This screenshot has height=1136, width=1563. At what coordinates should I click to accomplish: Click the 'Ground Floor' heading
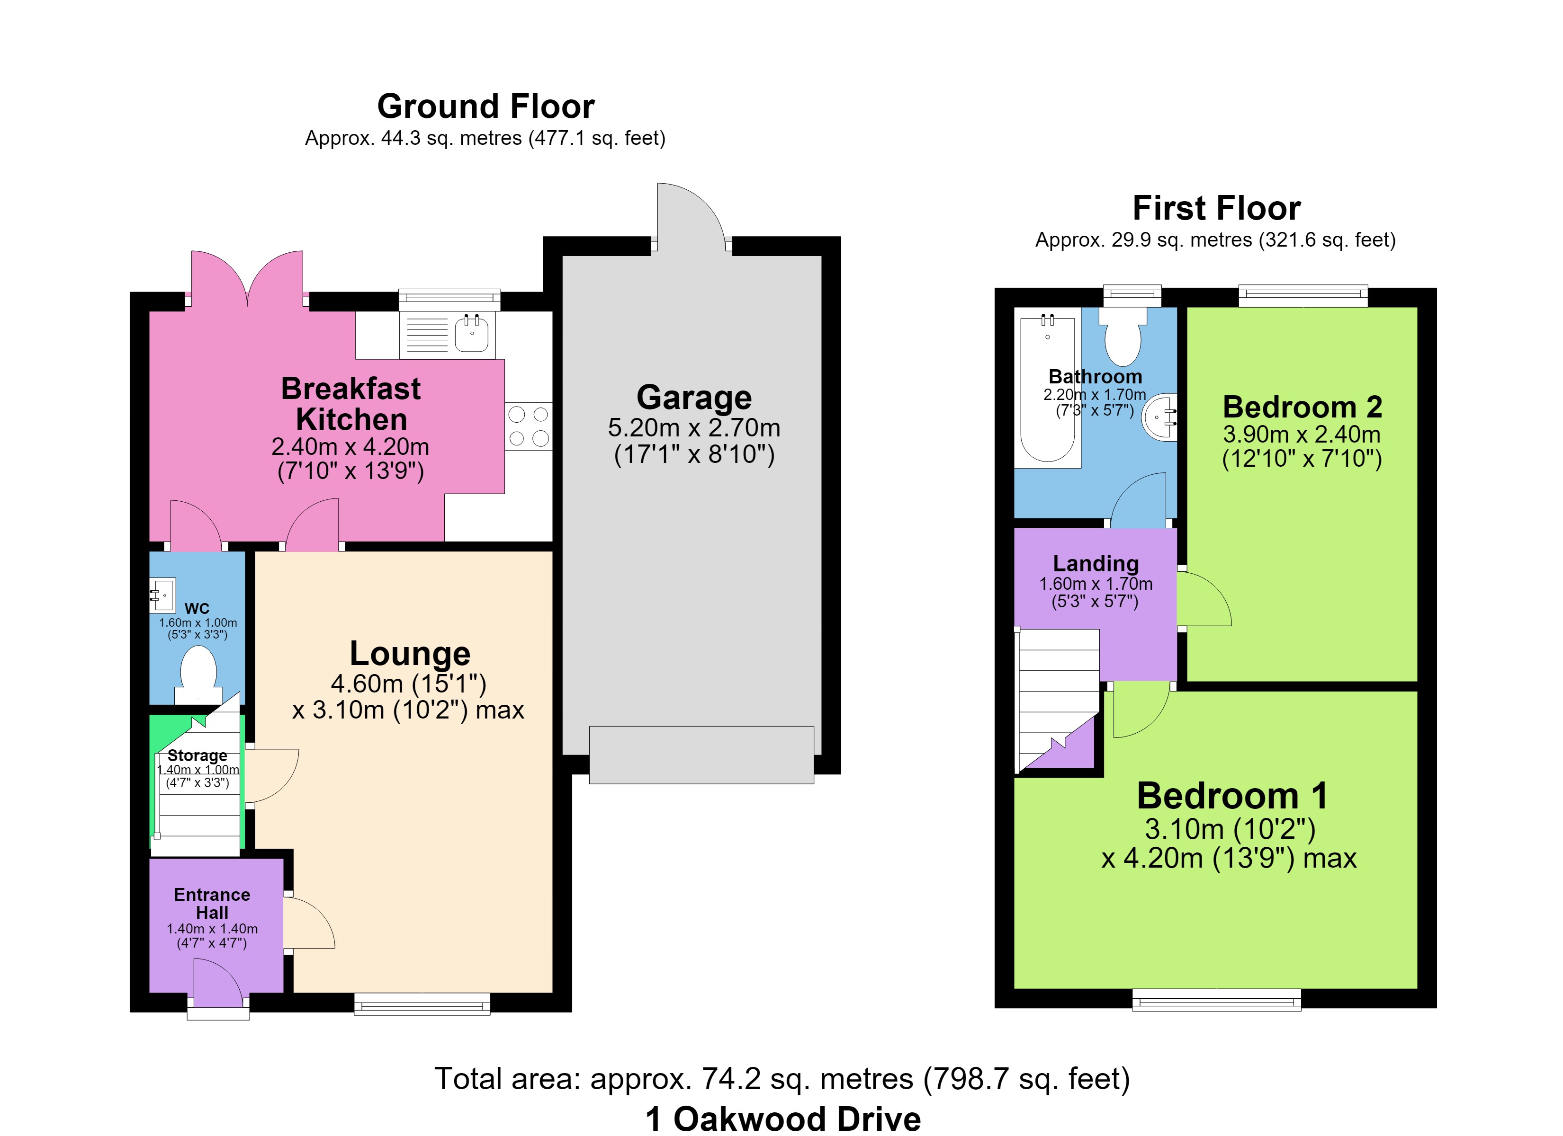pos(486,107)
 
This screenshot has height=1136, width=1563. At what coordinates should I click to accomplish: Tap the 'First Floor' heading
pos(1216,208)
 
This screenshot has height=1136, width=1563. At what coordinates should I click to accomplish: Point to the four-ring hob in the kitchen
pos(529,426)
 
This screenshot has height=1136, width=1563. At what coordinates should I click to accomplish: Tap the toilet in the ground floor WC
pos(198,675)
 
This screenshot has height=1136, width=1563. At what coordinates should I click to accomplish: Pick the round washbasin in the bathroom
pos(1160,417)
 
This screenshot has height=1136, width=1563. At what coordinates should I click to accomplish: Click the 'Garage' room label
pos(694,398)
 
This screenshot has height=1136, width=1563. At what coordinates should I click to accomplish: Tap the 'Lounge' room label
pos(410,653)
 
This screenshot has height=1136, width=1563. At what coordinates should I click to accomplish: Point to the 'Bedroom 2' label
pos(1302,407)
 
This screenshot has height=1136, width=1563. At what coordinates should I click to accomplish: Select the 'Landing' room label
pos(1096,564)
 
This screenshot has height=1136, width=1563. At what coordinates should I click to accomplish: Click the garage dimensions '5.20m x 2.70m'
pos(694,428)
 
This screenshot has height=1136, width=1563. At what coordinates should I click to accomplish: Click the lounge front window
pos(422,1004)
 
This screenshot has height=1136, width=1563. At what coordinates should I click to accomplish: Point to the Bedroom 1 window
pos(1216,1000)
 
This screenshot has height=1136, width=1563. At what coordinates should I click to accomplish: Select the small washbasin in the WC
pos(162,595)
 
